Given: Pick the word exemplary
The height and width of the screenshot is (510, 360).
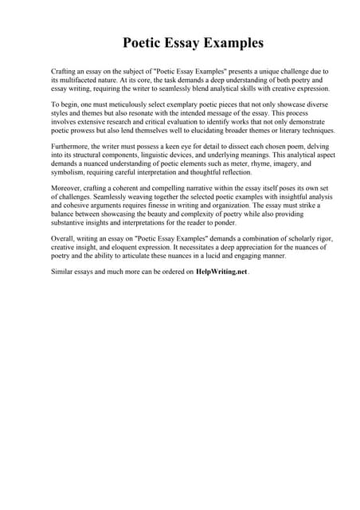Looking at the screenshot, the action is pos(182,104).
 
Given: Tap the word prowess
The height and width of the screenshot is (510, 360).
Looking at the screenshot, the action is pos(82,131).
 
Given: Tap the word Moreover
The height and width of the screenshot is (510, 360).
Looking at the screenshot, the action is pos(68,187).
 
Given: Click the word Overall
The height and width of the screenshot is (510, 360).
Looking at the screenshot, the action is pos(65,237).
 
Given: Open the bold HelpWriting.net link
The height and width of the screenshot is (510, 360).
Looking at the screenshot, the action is pos(222,272).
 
